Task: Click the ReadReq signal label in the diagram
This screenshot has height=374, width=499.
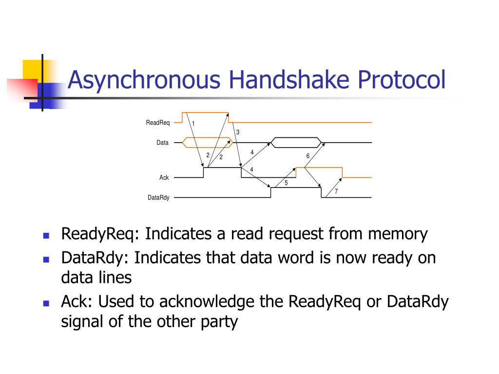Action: (x=158, y=123)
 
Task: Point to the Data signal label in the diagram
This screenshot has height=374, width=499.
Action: (x=162, y=143)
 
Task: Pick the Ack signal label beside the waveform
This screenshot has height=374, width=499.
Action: (x=164, y=178)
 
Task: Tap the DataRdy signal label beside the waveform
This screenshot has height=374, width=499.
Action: (x=158, y=198)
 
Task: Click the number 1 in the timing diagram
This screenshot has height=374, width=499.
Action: (x=193, y=124)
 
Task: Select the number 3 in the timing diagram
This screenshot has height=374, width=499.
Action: (x=238, y=132)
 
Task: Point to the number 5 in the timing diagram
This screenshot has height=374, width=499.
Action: (x=286, y=183)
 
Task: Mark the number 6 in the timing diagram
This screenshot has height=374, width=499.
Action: (x=307, y=156)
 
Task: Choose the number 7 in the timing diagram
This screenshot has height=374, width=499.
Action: (x=336, y=192)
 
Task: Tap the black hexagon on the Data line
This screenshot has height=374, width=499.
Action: (x=296, y=142)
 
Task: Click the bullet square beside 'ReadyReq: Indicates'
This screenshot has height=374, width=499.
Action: (x=46, y=235)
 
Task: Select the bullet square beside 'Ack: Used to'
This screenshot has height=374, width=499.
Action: (x=46, y=303)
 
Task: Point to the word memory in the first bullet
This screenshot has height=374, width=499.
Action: (x=398, y=234)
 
